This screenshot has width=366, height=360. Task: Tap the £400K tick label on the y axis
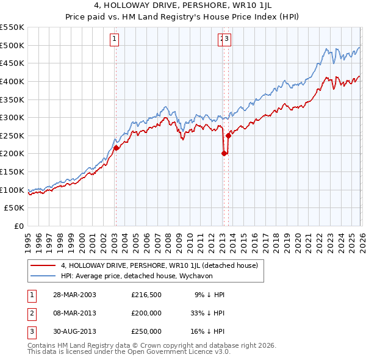point(12,81)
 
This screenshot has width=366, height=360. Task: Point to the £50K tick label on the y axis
point(15,208)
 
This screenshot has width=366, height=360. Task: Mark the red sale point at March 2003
point(116,148)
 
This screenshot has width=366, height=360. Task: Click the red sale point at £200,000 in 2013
point(223,154)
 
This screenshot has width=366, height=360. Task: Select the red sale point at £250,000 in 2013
point(228,135)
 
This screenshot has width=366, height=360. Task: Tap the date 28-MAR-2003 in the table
point(74,295)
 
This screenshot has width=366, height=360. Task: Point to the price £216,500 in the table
point(146,295)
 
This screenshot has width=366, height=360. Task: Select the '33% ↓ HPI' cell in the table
point(207,313)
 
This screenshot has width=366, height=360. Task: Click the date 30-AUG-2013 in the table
point(74,331)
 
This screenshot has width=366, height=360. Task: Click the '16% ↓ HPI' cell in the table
point(207,331)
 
